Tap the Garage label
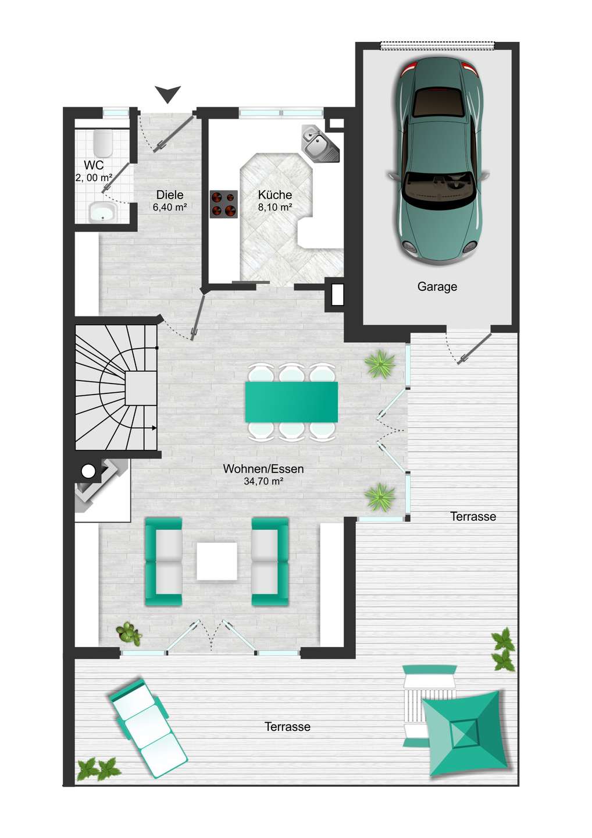437,287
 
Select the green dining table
291,402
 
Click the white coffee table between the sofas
217,561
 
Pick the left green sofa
163,562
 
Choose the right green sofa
270,562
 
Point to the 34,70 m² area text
263,481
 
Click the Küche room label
274,195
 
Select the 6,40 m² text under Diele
170,207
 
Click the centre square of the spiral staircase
140,388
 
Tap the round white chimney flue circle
88,471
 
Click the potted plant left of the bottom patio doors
129,632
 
